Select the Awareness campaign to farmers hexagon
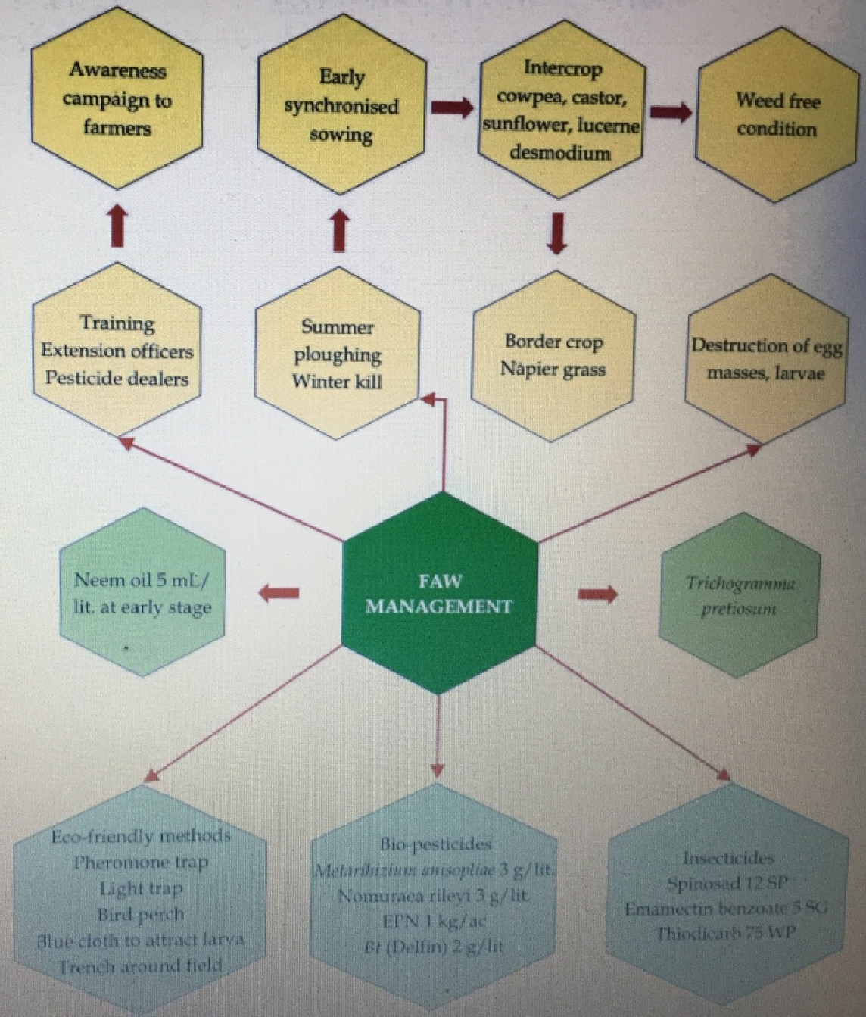point(117,99)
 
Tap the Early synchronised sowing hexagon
point(340,106)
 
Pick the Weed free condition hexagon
point(777,114)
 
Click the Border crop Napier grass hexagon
point(553,355)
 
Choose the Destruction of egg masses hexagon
point(765,359)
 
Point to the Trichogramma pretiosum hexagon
point(740,595)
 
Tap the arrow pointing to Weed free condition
point(670,112)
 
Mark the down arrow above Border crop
point(557,234)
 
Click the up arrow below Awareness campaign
point(117,226)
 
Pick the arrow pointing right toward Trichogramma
point(597,594)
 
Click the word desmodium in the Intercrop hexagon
point(559,152)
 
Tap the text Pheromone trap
point(141,863)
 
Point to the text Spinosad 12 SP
point(727,883)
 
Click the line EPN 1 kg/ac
point(434,921)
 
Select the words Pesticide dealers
point(117,378)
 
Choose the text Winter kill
point(337,381)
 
